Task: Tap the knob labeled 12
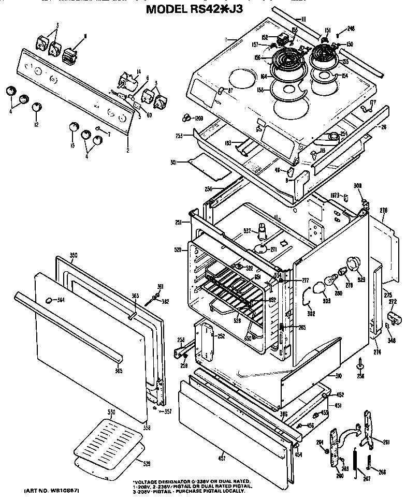pos(36,107)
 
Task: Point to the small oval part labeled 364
pos(49,300)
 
